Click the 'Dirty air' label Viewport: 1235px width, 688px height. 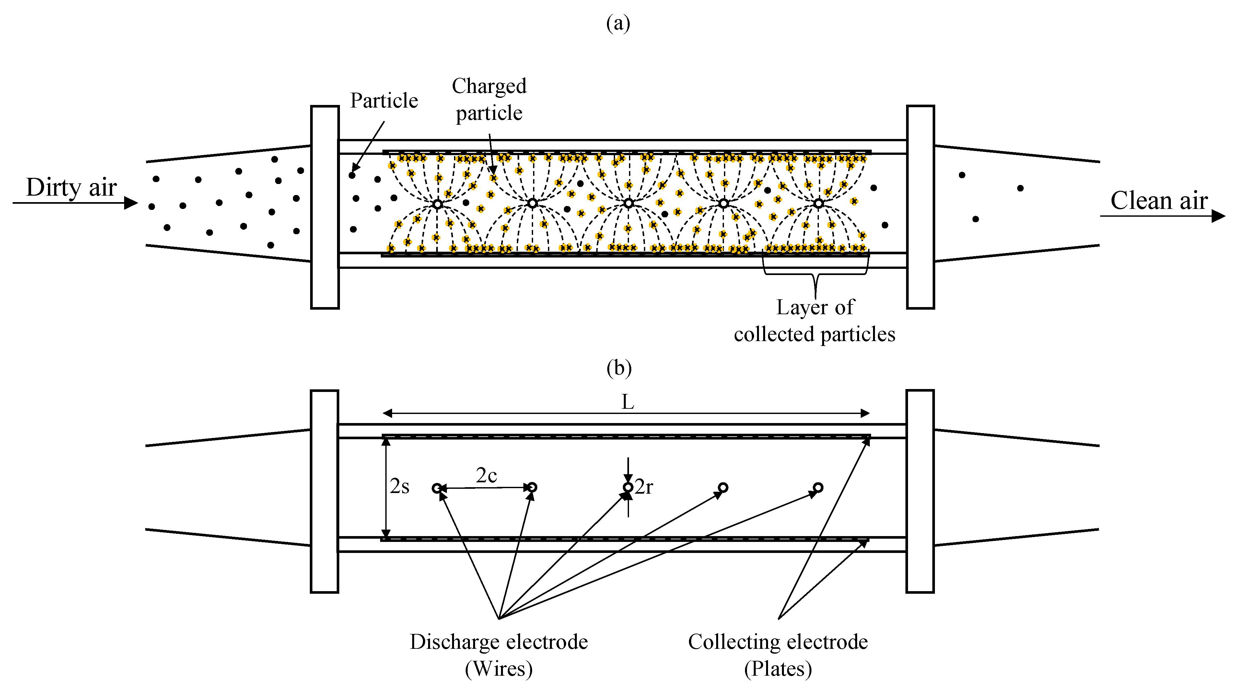(71, 187)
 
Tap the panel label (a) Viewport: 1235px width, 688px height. (618, 23)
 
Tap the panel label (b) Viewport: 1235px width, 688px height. (618, 368)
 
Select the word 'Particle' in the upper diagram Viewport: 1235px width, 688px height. (384, 101)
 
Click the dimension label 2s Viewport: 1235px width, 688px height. (399, 486)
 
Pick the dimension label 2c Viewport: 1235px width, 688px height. (486, 475)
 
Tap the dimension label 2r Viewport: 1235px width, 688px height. (644, 487)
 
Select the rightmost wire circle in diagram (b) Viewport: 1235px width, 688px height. (818, 487)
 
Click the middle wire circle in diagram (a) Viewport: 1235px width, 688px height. (628, 203)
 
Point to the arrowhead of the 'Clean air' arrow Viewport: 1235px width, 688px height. (1218, 216)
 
